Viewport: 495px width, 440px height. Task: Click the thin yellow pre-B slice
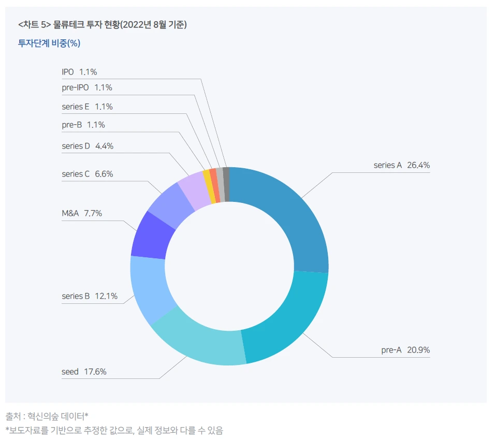click(x=209, y=186)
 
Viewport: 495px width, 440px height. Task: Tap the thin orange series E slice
click(x=215, y=185)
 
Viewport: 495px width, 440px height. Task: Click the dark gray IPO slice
click(x=226, y=184)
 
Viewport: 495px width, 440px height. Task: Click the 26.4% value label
click(x=418, y=165)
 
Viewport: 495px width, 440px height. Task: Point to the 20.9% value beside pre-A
click(x=418, y=350)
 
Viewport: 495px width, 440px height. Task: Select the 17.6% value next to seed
click(x=95, y=372)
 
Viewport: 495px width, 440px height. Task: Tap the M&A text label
click(x=70, y=213)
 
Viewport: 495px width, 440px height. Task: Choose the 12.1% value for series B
click(x=106, y=296)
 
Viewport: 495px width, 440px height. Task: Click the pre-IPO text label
click(x=75, y=87)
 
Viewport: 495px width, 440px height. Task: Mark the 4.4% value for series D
click(x=104, y=146)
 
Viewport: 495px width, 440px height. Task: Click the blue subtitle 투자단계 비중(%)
click(x=49, y=43)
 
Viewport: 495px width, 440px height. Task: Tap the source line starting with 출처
click(x=47, y=416)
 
